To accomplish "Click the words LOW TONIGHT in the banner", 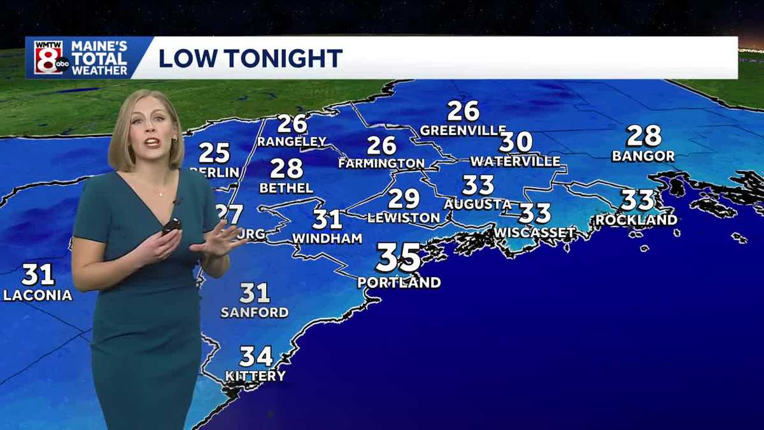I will pos(250,58).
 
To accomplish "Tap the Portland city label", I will pos(399,282).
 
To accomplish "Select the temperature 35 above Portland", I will pos(399,258).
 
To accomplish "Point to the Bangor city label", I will pos(643,156).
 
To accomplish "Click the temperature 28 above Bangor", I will pos(644,136).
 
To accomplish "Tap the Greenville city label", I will pos(463,131).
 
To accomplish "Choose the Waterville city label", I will pos(515,161).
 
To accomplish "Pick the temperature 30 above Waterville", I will pos(516,141).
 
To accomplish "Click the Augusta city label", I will pos(478,204).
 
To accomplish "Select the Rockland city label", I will pos(636,220).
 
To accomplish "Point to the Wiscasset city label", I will pos(535,233).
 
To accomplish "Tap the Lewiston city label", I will pos(404,218).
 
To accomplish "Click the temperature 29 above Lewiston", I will pos(404,198).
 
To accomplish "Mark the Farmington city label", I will pos(381,164).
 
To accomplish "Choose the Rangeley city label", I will pos(292,141).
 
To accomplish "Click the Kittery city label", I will pos(255,376).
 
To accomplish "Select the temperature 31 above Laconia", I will pos(38,275).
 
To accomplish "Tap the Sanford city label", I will pos(255,313).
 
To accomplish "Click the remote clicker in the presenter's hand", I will pos(171,226).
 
